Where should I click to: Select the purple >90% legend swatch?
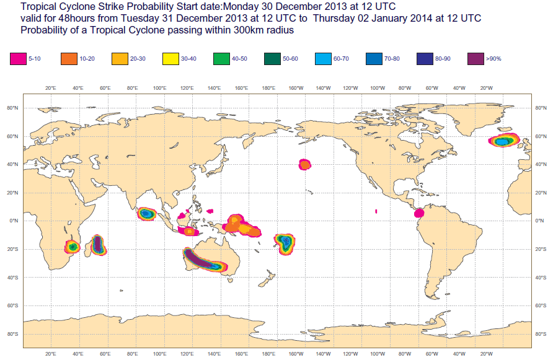tap(476, 59)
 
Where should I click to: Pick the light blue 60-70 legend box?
tap(324, 59)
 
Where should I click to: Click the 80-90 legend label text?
tap(443, 59)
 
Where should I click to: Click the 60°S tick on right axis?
tap(541, 305)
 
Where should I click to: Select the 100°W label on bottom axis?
tap(378, 354)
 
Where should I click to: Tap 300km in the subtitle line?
tap(239, 30)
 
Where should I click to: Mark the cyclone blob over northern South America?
tap(418, 213)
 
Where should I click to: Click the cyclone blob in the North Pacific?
tap(304, 164)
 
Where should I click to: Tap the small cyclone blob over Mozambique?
tap(73, 247)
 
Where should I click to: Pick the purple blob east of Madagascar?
tap(97, 245)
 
